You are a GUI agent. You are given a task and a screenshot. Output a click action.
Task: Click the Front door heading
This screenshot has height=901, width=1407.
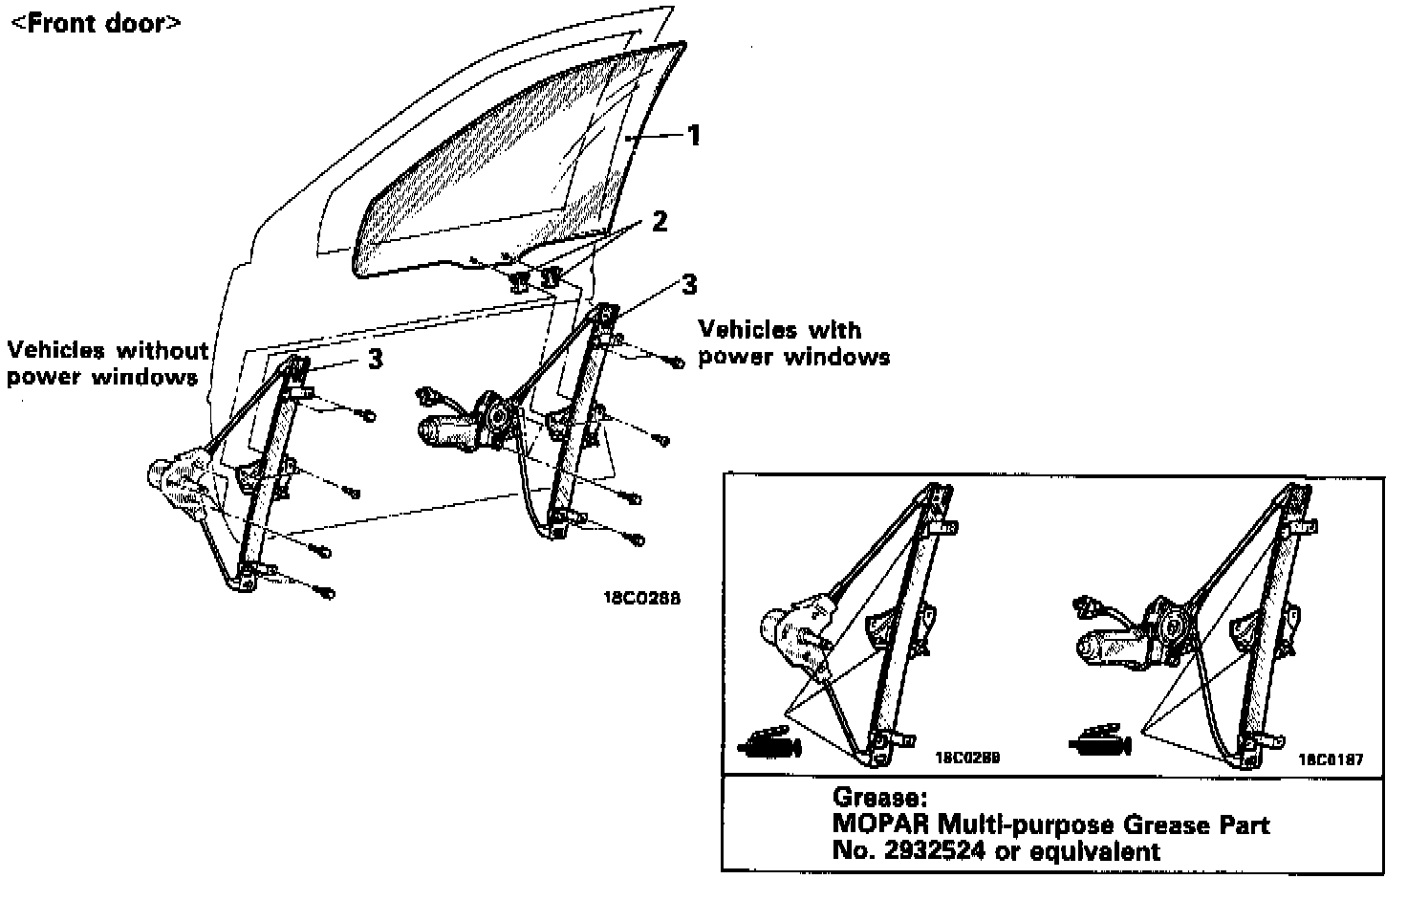pos(95,22)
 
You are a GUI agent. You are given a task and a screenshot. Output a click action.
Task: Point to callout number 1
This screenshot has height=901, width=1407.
pos(695,135)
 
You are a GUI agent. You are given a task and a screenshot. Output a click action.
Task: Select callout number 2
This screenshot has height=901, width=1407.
pos(659,221)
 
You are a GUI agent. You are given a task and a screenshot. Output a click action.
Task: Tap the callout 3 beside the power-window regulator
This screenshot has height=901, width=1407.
pos(688,284)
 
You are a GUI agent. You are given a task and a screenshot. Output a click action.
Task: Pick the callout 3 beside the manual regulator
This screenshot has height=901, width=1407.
pos(375,359)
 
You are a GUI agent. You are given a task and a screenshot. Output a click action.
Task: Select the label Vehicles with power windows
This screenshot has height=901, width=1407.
pos(793,343)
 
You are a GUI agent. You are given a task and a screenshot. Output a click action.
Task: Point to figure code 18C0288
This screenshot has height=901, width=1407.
pos(640,599)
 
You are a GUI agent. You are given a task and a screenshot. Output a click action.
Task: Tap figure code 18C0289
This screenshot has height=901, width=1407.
pos(966,758)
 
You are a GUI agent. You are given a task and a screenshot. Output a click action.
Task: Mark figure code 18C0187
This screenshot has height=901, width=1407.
pos(1330,760)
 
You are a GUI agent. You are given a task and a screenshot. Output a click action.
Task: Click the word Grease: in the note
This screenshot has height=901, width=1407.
pos(879,797)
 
